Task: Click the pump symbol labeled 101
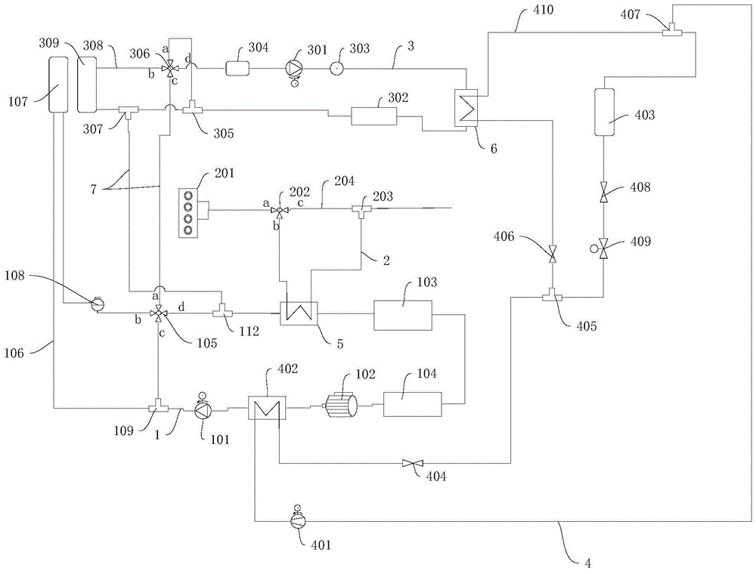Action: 203,410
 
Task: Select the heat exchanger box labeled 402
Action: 264,409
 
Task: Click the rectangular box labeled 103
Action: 401,314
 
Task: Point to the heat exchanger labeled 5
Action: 299,313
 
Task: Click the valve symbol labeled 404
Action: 412,463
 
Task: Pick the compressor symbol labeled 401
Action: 296,520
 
